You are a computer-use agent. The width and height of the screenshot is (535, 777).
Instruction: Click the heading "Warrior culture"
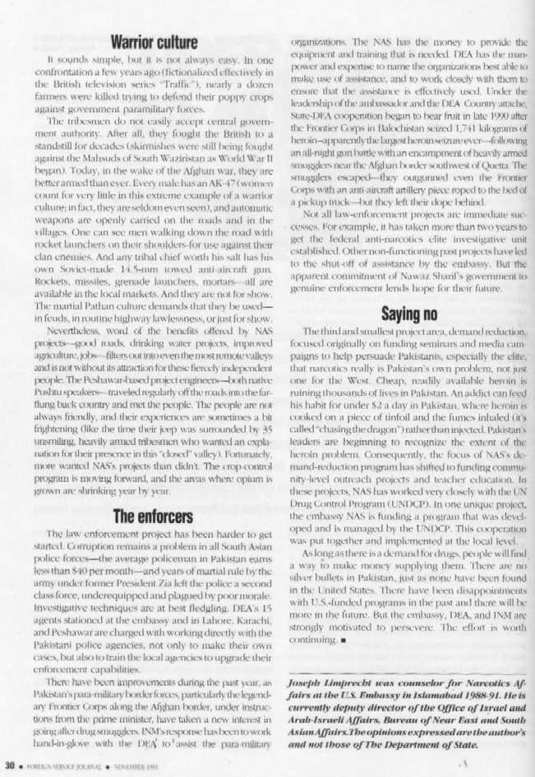(x=155, y=41)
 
